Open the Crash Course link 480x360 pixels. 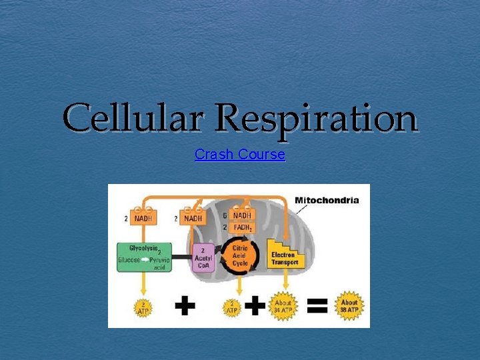pyautogui.click(x=239, y=155)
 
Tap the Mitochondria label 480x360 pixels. pyautogui.click(x=327, y=199)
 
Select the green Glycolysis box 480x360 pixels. pyautogui.click(x=144, y=257)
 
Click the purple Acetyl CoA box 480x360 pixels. pyautogui.click(x=203, y=257)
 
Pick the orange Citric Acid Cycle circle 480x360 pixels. pyautogui.click(x=240, y=255)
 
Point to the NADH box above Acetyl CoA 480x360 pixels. pyautogui.click(x=193, y=218)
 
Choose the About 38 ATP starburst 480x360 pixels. pyautogui.click(x=349, y=306)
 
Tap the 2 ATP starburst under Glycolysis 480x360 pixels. pyautogui.click(x=143, y=307)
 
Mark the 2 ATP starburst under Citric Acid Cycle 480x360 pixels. pyautogui.click(x=232, y=307)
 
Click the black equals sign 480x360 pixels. pyautogui.click(x=316, y=306)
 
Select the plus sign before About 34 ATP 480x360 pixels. pyautogui.click(x=254, y=306)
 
